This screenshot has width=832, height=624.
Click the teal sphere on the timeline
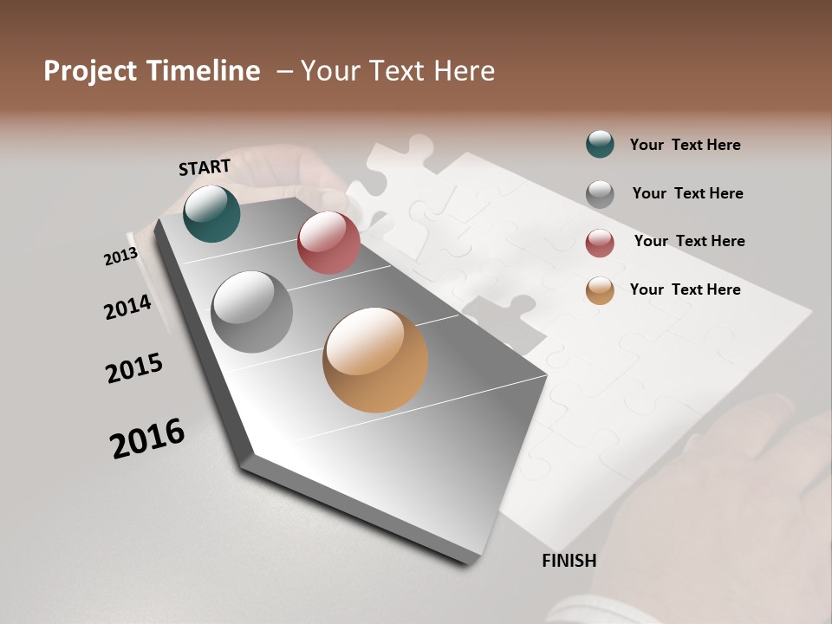coord(211,214)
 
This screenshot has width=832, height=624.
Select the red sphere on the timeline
coord(328,243)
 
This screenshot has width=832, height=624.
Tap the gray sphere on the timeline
coord(252,312)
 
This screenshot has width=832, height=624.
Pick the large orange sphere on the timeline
coord(375,360)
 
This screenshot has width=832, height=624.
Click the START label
coord(205,167)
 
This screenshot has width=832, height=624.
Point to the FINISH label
coord(569,561)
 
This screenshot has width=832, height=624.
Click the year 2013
coord(120,257)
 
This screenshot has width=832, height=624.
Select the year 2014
coord(127,307)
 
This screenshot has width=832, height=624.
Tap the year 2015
coord(134,368)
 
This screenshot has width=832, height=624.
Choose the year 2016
coord(147,439)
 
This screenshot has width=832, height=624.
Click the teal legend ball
coord(600,144)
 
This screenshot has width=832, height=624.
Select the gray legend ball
coord(600,193)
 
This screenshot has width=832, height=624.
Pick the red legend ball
coord(600,243)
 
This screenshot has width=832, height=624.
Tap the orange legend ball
coord(600,290)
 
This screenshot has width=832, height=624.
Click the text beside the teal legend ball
coord(685,145)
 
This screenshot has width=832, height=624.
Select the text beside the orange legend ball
coord(685,289)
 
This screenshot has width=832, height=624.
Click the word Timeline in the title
coord(203,71)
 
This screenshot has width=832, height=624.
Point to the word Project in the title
coord(90,71)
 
